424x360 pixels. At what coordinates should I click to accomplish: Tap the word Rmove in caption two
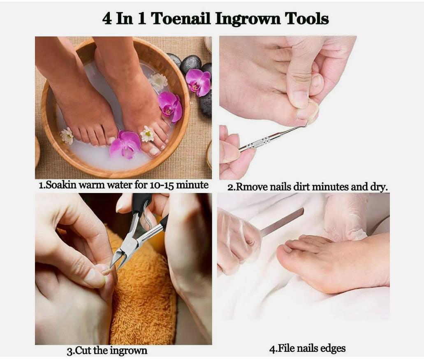[x=252, y=187]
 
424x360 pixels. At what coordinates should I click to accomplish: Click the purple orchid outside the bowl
[x=198, y=81]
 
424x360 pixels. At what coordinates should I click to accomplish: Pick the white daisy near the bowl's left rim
[x=67, y=136]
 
